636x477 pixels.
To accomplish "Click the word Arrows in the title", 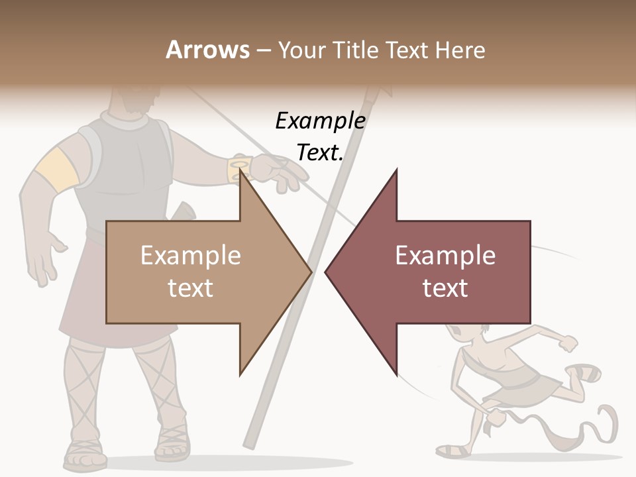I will tap(207, 50).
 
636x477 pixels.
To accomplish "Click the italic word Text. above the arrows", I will tap(320, 152).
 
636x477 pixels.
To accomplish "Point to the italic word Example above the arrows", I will tap(320, 121).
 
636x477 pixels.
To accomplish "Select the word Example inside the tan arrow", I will tap(191, 256).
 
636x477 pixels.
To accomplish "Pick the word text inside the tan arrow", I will tap(191, 288).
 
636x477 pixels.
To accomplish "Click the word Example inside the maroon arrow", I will tap(445, 256).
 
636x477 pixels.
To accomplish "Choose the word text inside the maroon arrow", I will tap(445, 288).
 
